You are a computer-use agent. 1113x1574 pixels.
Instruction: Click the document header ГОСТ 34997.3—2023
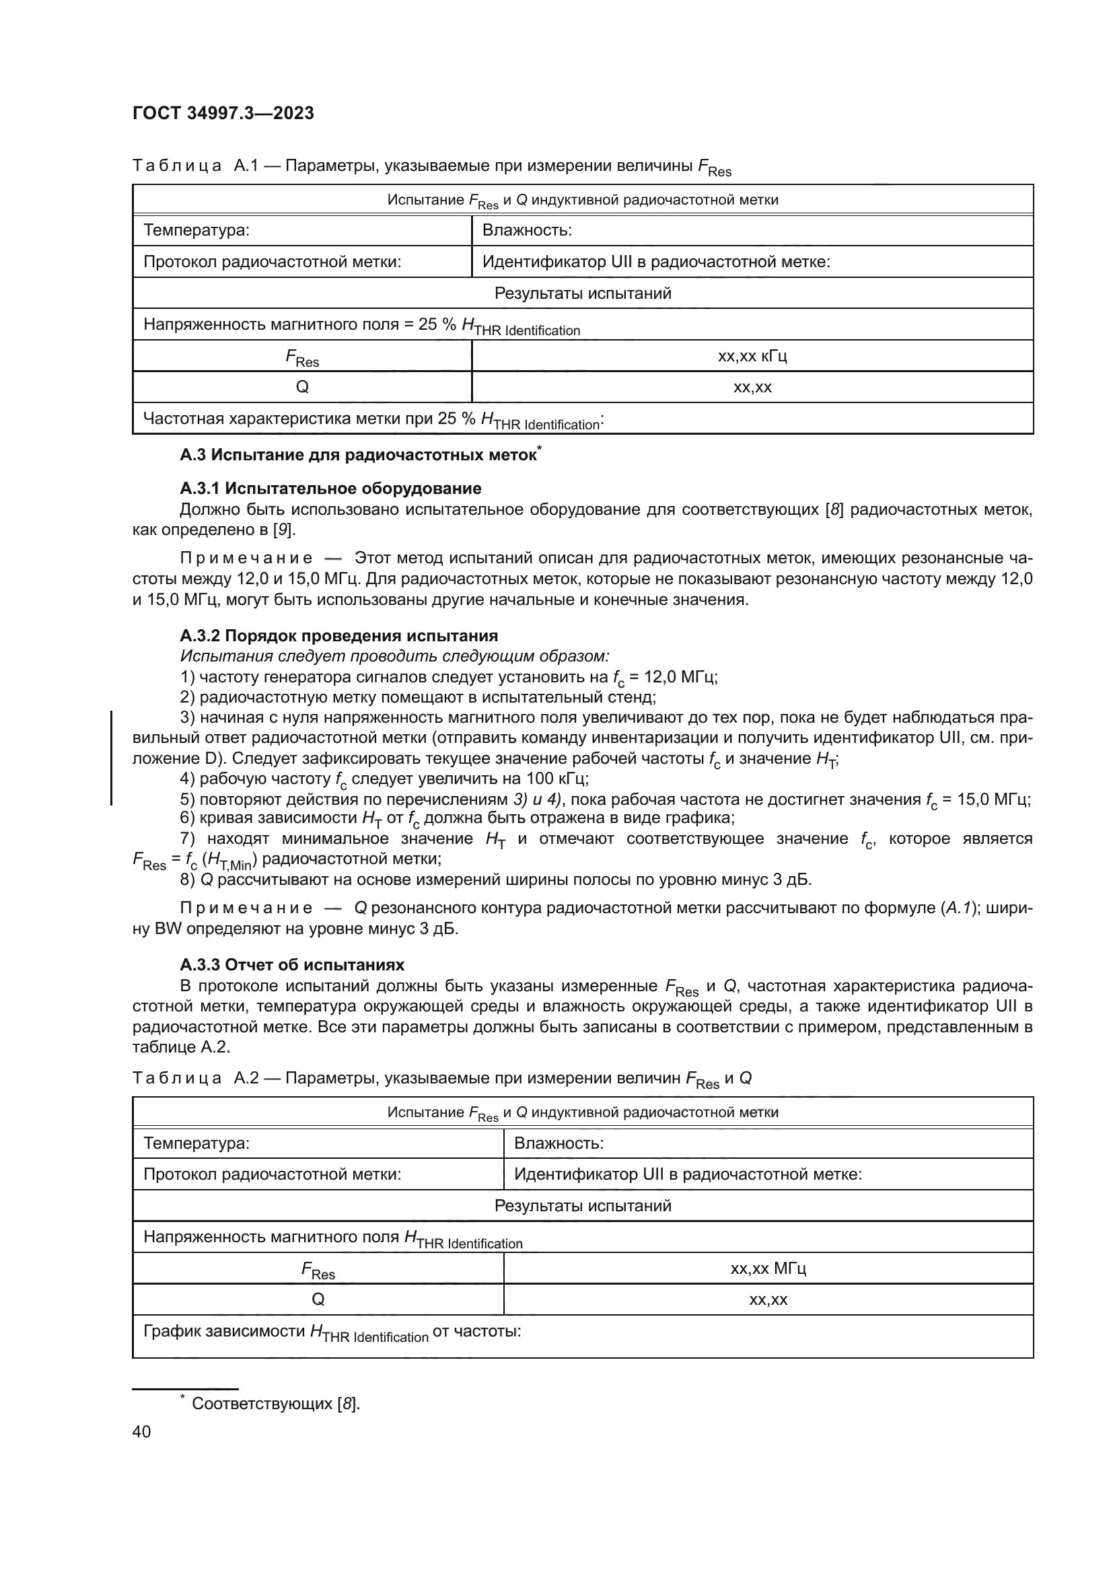click(x=223, y=113)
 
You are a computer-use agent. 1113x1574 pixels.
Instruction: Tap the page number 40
click(x=141, y=1431)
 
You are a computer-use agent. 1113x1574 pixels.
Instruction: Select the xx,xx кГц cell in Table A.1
click(x=752, y=356)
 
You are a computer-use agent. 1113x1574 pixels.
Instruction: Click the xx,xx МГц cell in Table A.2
click(x=768, y=1268)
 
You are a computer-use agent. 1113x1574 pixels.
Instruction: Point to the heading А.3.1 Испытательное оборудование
click(x=330, y=488)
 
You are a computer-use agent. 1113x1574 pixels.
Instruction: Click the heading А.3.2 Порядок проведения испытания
click(x=338, y=635)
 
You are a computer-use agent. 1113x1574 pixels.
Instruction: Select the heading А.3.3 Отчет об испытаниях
click(x=292, y=964)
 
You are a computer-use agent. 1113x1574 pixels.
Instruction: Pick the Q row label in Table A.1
click(x=301, y=388)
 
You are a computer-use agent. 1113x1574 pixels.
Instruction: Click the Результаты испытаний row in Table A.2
click(x=583, y=1205)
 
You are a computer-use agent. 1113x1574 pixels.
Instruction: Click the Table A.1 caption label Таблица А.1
click(x=194, y=166)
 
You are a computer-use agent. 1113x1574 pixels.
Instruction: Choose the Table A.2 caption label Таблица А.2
click(x=194, y=1078)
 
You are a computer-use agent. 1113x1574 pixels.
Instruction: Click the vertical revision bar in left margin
click(x=111, y=758)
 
